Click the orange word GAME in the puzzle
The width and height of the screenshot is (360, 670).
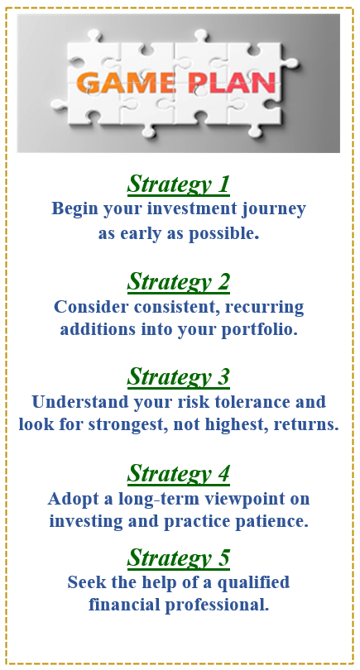[x=127, y=83]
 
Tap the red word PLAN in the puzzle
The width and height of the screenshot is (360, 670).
[x=232, y=83]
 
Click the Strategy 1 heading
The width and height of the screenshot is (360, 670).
[x=178, y=184]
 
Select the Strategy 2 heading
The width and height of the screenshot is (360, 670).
[x=178, y=281]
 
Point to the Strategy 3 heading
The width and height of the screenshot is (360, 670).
[x=178, y=377]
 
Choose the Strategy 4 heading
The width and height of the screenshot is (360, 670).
[x=178, y=473]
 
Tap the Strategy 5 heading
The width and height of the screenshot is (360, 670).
[x=178, y=558]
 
